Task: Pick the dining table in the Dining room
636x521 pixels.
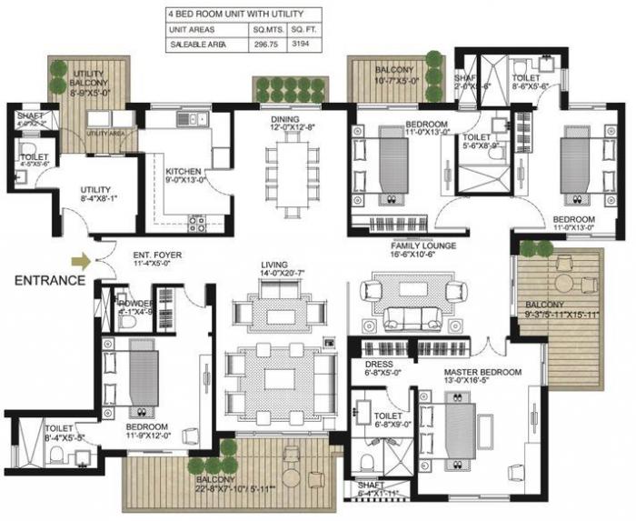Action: coord(290,172)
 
